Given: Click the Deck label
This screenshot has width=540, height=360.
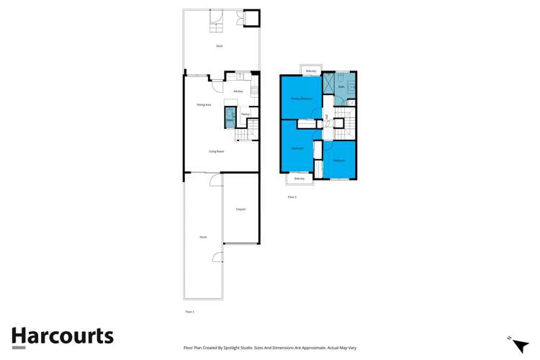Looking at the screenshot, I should (x=220, y=46).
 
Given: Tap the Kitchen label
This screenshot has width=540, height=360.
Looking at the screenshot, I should (x=238, y=91).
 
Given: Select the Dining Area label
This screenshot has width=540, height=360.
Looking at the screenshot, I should (x=204, y=105).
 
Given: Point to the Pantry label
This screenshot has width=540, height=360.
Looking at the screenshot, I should (x=245, y=114).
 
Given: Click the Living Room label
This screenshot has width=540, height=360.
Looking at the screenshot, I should (x=217, y=151).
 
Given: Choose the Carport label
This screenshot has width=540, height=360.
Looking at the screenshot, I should (x=240, y=210).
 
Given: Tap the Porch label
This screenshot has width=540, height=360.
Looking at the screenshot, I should (x=203, y=237).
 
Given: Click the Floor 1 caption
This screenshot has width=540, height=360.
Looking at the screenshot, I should (x=190, y=312).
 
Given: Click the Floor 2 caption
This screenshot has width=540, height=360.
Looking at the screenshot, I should (x=292, y=197).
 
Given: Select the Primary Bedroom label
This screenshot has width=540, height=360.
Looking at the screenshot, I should (x=301, y=98).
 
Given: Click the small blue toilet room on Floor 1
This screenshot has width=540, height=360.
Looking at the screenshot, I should (x=230, y=117).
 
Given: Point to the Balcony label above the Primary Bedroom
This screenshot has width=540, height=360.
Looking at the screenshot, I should (x=311, y=71).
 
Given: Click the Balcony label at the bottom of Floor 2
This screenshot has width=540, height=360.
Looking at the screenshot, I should (x=299, y=179).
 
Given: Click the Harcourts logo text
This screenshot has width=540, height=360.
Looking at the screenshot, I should (x=63, y=336).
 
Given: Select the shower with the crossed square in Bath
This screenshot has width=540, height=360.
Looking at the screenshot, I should (x=328, y=84).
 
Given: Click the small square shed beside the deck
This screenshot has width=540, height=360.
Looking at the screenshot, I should (x=251, y=17).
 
